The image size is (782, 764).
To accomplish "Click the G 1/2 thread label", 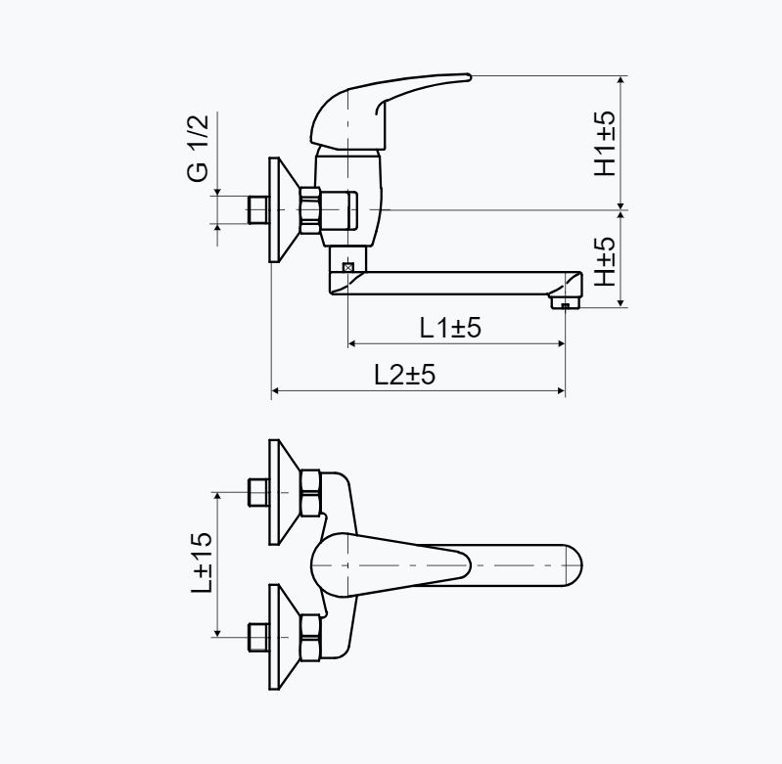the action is tap(198, 148).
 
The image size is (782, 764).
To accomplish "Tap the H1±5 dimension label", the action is tap(605, 143).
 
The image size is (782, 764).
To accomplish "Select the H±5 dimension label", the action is tap(605, 260).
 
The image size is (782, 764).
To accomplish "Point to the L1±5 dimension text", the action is tap(450, 328).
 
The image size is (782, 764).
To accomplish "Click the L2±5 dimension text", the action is tap(404, 374).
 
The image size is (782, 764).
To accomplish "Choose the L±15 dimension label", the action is tap(202, 562).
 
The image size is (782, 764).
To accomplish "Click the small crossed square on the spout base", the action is tap(347, 267).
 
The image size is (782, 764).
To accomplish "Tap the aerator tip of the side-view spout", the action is tap(565, 302).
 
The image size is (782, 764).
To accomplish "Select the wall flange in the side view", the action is tap(284, 209).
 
